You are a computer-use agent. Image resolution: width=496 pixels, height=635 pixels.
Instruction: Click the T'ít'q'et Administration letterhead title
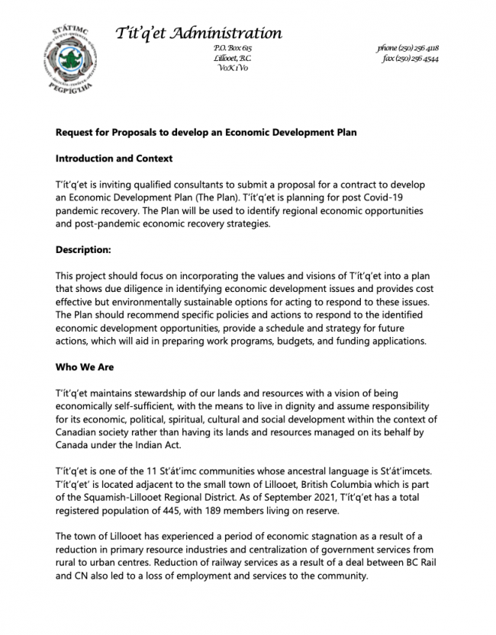(198, 33)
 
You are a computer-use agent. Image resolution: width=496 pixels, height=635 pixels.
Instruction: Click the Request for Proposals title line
(206, 133)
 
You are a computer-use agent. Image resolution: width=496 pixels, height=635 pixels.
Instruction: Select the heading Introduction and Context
(114, 159)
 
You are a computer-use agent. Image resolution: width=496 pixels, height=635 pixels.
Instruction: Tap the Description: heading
(84, 249)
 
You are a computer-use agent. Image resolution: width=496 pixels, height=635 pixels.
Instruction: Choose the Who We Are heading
(85, 367)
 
